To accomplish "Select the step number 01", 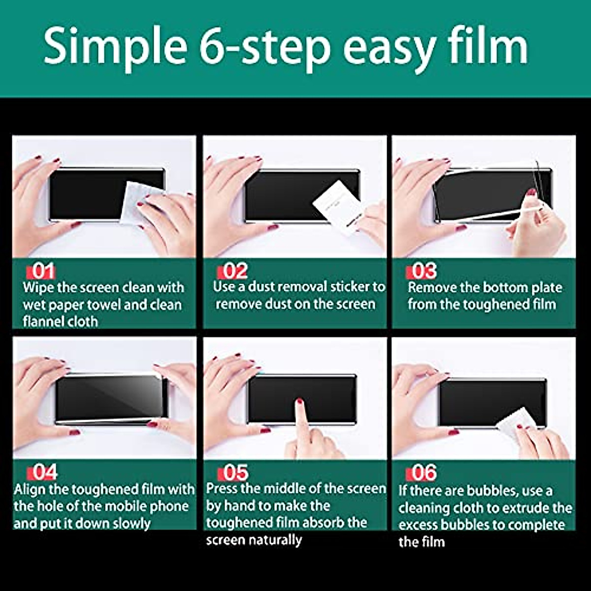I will click(43, 271).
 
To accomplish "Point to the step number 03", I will click(424, 271).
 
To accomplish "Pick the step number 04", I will click(45, 472).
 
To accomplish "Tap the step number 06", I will click(424, 473).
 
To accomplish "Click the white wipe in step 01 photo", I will click(138, 202).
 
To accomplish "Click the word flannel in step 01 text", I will click(45, 322).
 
